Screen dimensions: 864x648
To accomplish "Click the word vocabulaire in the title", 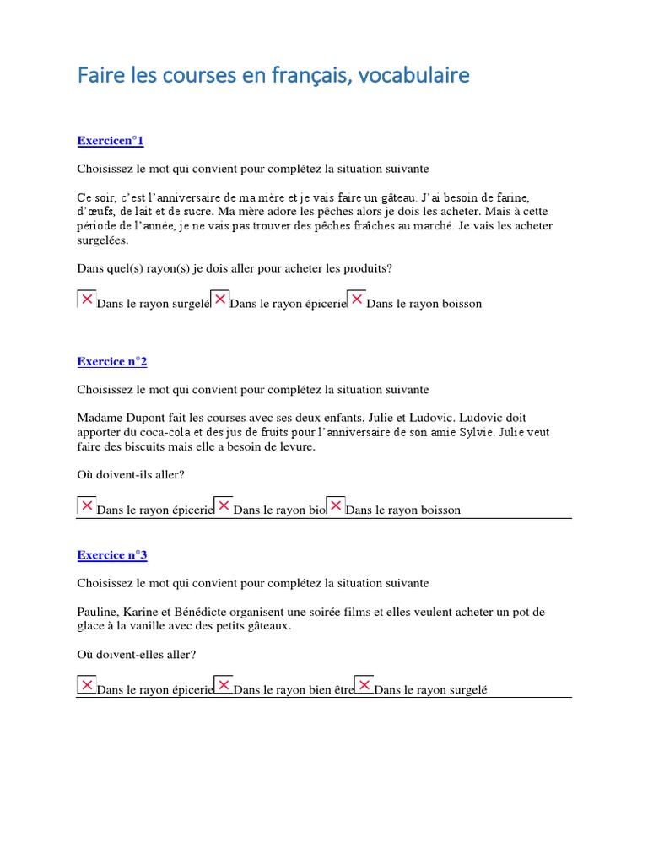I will point(414,76).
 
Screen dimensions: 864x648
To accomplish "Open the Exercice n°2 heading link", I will point(112,361).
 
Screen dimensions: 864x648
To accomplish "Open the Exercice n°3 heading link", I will point(112,554).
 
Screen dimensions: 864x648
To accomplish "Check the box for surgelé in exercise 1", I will point(86,300).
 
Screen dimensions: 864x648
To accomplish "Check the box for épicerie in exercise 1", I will point(219,300).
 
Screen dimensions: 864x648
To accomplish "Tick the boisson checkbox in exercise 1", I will point(356,300).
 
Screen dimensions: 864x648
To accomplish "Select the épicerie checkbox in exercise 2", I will point(86,506).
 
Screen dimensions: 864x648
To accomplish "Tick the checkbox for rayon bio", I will point(223,506).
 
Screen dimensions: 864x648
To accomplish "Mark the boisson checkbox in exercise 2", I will point(335,506).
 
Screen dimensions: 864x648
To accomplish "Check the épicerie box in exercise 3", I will point(86,685).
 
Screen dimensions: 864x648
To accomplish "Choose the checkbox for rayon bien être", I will point(223,685).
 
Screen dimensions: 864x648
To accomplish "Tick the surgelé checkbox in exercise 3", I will point(364,685).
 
